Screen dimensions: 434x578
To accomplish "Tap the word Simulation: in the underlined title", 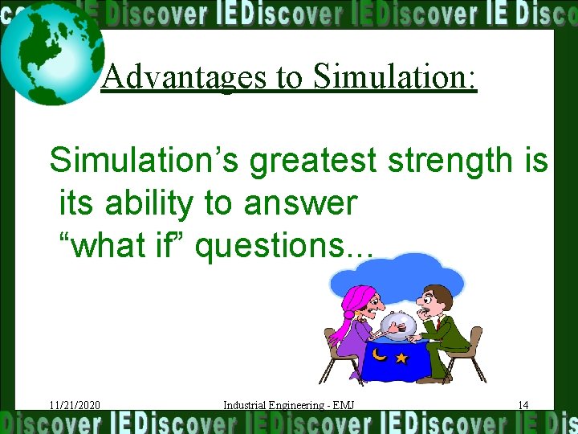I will click(395, 77).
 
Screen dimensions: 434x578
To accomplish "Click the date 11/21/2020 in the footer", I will click(74, 405).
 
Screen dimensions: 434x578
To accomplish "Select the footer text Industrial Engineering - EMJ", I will click(288, 405).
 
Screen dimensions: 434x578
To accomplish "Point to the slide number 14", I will click(523, 405).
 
